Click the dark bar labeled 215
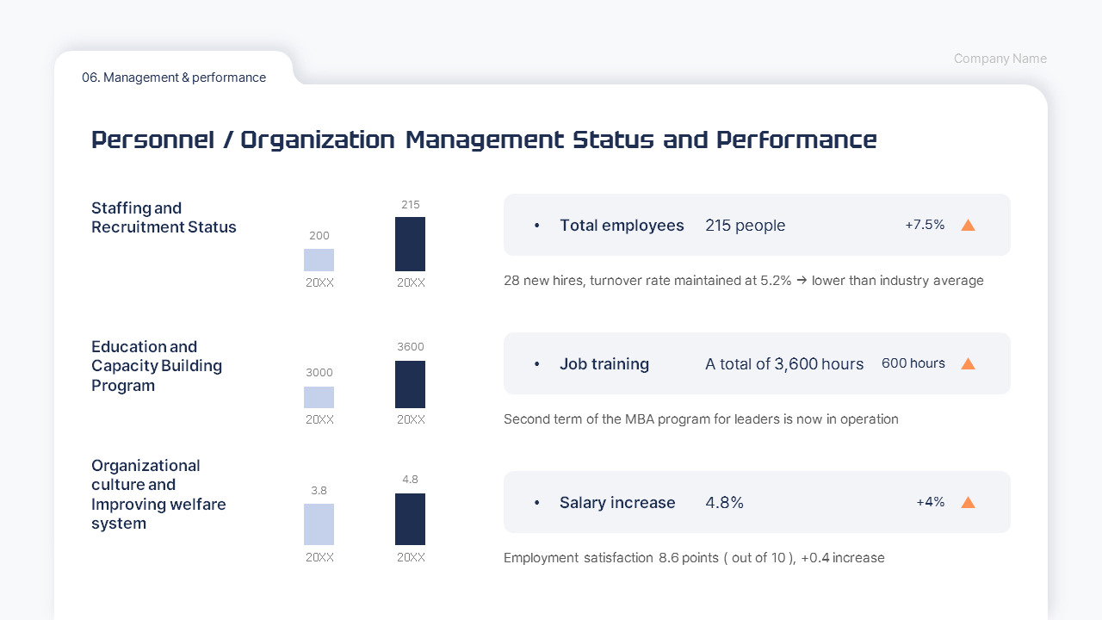[410, 244]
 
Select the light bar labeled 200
[319, 260]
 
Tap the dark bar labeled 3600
[410, 384]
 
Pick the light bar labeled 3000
[319, 397]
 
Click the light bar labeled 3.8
[319, 524]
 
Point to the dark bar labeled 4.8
[410, 518]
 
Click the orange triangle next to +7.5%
[968, 226]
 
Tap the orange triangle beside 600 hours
[968, 364]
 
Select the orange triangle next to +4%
[968, 503]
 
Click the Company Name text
[1000, 59]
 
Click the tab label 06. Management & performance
[174, 77]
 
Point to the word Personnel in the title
[152, 139]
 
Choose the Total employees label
[622, 226]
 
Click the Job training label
[604, 364]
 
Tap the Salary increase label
[617, 503]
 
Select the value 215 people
[745, 226]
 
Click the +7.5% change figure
[924, 225]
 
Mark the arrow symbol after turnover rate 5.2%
[802, 281]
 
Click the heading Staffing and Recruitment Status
[164, 218]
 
